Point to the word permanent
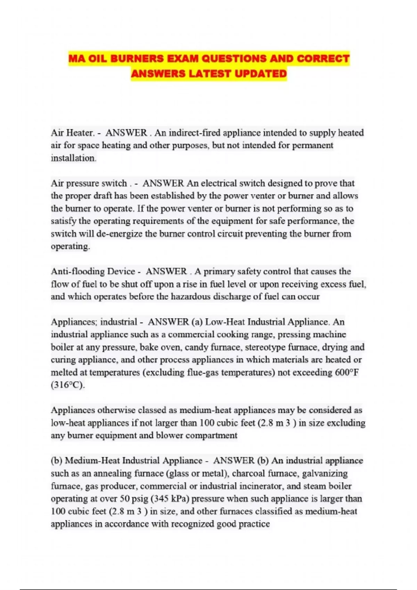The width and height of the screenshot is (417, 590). tap(312, 145)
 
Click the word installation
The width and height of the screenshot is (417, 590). tap(73, 158)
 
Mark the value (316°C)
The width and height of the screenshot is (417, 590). tap(68, 385)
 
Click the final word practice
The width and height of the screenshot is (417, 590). tap(254, 524)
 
